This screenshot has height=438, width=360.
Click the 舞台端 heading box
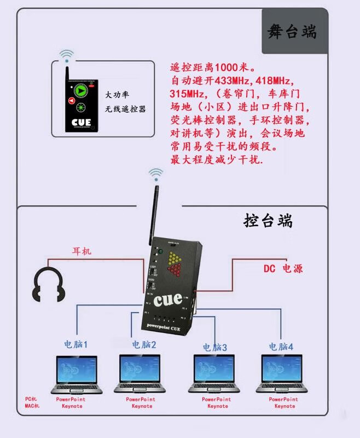(x=293, y=31)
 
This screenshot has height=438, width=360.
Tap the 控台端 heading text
(x=268, y=221)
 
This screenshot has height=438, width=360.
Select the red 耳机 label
(x=82, y=251)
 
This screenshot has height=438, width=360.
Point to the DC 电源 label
(x=283, y=269)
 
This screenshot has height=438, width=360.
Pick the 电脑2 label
(x=144, y=345)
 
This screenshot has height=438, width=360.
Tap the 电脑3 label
(x=214, y=347)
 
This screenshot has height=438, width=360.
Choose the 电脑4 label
(x=281, y=347)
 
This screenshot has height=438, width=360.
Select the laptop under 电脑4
(x=283, y=374)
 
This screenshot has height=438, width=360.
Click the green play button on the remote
(x=82, y=90)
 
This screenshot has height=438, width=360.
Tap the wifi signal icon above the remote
(x=66, y=56)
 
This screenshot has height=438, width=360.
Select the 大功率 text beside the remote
(x=118, y=94)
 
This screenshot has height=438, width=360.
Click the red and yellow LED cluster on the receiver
(x=176, y=263)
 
